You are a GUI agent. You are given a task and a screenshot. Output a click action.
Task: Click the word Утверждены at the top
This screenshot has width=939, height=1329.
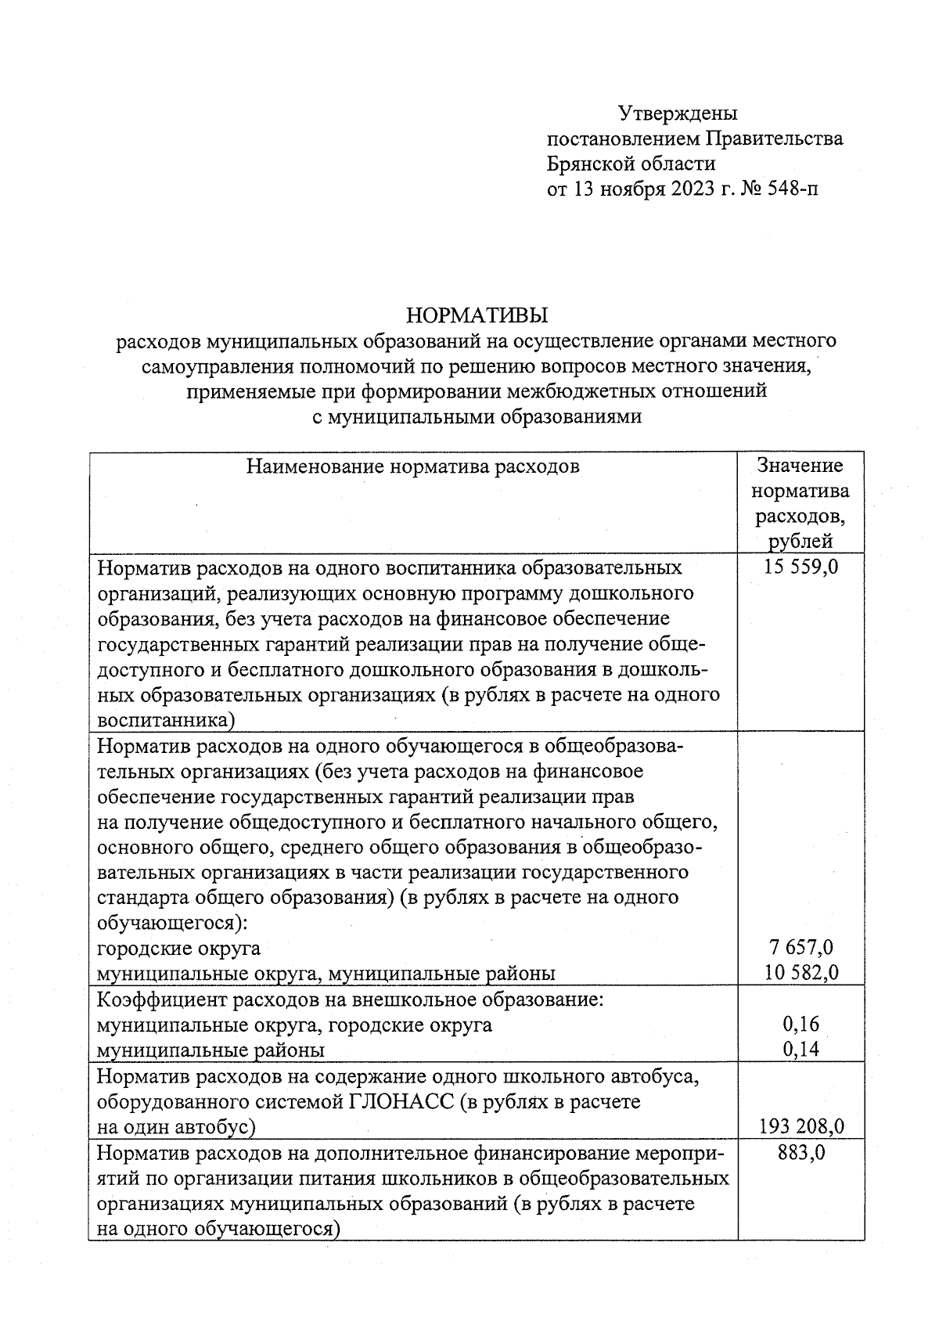678,113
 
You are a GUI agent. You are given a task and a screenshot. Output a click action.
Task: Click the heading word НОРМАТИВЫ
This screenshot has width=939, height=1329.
477,315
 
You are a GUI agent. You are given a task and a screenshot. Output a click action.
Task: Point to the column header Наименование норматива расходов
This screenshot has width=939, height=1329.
413,467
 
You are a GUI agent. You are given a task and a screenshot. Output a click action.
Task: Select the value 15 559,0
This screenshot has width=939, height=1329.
800,567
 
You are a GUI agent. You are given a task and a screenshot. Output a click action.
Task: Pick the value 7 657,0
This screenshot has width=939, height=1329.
801,948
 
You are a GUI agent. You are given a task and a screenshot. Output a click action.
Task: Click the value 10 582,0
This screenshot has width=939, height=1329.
801,973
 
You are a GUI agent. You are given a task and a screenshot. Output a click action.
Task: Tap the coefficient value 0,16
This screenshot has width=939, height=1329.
801,1024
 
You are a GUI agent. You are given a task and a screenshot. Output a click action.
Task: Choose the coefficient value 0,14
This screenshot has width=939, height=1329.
801,1050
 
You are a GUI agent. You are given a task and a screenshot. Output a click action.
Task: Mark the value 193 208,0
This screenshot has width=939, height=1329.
801,1126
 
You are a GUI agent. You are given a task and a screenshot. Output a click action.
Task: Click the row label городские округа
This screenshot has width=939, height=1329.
178,948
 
